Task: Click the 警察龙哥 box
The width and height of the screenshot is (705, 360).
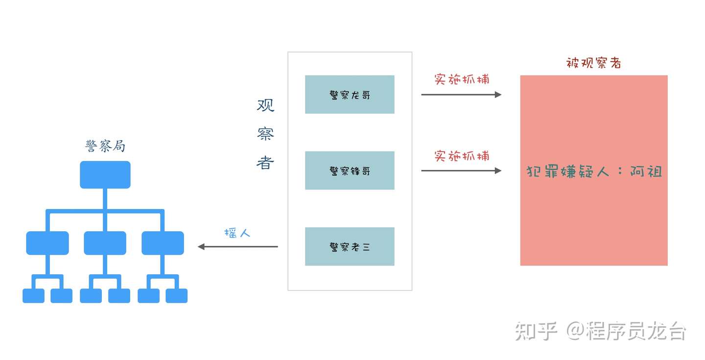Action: coord(350,95)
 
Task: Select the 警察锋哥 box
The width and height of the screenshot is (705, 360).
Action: coord(350,170)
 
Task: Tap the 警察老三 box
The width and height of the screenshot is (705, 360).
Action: coord(350,246)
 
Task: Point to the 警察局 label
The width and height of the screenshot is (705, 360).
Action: coord(105,146)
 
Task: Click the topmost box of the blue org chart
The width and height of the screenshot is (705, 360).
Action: coord(105,175)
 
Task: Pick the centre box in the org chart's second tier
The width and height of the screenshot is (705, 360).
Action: coord(105,243)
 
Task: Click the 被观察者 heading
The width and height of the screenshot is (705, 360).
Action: coord(593,63)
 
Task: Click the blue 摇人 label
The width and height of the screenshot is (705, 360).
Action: coord(237,233)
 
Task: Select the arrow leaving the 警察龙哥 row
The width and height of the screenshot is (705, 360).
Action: coord(461,95)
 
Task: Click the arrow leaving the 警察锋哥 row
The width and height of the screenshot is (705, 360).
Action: coord(461,170)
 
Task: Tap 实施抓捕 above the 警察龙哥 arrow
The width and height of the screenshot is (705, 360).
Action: coord(462,79)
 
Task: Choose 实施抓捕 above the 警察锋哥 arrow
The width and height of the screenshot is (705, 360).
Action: coord(462,156)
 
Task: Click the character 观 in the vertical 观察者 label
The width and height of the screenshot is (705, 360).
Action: coord(265,105)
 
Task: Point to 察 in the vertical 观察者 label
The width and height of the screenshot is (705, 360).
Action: coord(265,134)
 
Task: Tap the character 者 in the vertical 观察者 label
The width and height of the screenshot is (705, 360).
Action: coord(265,162)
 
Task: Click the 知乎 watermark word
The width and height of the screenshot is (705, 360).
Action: coord(536,332)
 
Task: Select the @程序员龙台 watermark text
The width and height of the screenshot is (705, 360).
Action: coord(626,332)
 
